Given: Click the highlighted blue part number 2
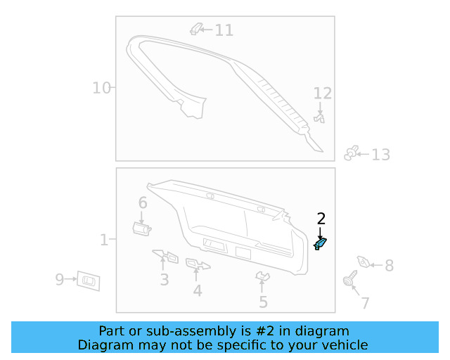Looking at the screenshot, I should pos(321,243).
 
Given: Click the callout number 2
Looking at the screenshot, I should pos(321,218).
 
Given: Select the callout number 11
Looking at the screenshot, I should pos(224,30).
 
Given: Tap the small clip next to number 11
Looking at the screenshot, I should pos(197,29).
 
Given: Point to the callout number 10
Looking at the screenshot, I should pos(101,88).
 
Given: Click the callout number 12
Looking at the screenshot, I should pos(322,94).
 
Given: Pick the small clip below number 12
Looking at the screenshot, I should pos(320,119).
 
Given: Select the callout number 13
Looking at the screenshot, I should pos(380,155).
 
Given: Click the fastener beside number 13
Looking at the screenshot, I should pos(353,153).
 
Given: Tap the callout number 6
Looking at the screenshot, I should pos(143,203).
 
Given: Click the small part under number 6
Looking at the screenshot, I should pos(141,226).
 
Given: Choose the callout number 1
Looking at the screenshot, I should pos(103,240).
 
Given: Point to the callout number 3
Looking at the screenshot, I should pos(164,280).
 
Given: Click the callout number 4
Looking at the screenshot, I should pos(198,290).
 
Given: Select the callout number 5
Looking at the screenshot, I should pos(263,302).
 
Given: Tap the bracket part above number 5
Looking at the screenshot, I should pos(262,277).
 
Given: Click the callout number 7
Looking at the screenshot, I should pos(365,304).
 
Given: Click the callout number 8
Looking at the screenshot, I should pos(388,266).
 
